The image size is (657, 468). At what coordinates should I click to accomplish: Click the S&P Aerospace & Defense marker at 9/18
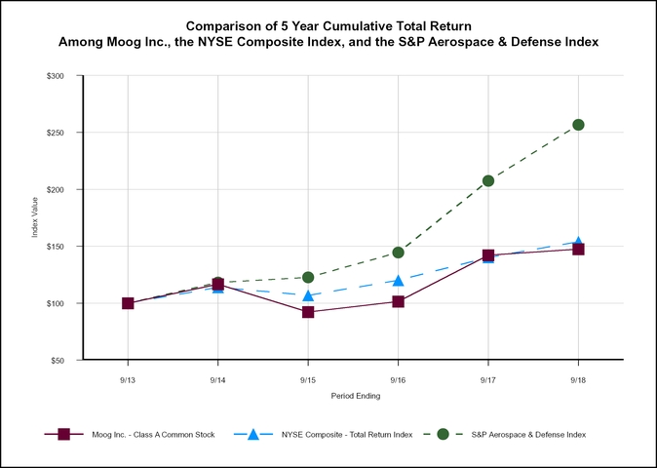click(578, 125)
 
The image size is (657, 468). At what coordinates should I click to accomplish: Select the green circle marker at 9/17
click(488, 180)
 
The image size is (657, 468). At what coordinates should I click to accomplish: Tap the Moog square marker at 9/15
click(308, 312)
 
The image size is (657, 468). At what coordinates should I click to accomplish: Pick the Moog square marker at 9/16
click(398, 301)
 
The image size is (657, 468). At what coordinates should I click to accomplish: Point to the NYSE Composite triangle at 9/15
click(308, 295)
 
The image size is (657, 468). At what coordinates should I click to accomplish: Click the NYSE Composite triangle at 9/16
click(398, 281)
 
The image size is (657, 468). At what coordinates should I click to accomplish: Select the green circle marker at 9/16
click(398, 253)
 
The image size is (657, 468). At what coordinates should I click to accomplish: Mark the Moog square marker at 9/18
click(578, 250)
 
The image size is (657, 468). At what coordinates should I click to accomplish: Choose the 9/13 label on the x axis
click(128, 378)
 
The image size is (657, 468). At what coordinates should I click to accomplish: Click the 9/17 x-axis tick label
click(488, 378)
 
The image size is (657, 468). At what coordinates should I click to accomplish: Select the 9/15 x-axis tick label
click(308, 378)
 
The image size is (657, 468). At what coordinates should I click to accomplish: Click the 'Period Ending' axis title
click(353, 396)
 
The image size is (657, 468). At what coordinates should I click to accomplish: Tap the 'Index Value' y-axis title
click(36, 218)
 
